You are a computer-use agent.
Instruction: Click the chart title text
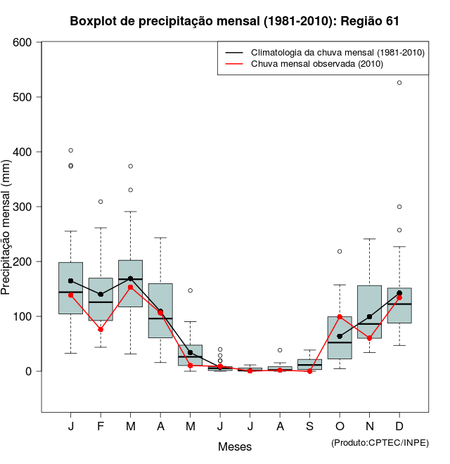click(235, 21)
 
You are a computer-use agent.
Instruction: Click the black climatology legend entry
click(337, 53)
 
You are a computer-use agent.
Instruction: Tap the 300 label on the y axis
click(22, 207)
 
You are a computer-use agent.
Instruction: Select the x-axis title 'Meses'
click(235, 446)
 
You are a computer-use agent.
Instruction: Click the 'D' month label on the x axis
click(399, 427)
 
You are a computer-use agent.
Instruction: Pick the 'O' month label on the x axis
click(340, 427)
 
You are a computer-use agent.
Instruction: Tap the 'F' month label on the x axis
click(101, 427)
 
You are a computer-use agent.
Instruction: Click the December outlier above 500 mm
click(399, 83)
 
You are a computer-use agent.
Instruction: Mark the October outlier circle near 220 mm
click(340, 251)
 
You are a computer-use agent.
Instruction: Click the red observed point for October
click(340, 317)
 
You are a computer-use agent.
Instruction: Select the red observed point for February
click(101, 330)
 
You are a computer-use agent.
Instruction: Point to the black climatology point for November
click(370, 316)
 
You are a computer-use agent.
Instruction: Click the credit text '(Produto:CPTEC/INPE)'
click(380, 442)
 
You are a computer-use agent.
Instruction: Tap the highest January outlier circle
click(70, 150)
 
